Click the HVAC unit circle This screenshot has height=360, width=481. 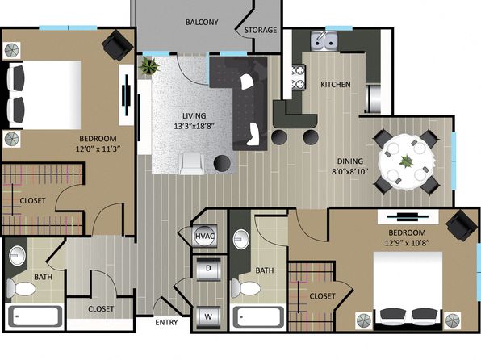click(205, 236)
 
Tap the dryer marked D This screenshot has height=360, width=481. click(208, 269)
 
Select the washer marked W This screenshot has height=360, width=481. click(208, 316)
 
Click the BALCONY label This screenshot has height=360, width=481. click(202, 22)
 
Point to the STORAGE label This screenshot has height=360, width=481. click(261, 30)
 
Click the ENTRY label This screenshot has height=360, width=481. click(166, 322)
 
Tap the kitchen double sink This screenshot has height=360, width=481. click(325, 41)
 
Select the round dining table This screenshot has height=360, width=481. click(407, 162)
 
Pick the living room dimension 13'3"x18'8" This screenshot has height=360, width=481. click(194, 126)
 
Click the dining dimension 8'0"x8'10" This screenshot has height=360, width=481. click(350, 171)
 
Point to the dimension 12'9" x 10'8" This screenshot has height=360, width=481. click(407, 243)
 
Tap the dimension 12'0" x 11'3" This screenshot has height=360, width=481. click(98, 149)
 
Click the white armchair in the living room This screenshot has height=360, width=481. click(192, 164)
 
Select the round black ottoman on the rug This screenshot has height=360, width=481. click(222, 163)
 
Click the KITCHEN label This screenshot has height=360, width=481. click(336, 85)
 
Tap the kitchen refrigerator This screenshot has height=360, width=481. click(374, 98)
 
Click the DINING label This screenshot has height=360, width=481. click(350, 161)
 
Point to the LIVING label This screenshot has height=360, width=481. click(194, 115)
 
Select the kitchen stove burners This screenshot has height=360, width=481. click(299, 77)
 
